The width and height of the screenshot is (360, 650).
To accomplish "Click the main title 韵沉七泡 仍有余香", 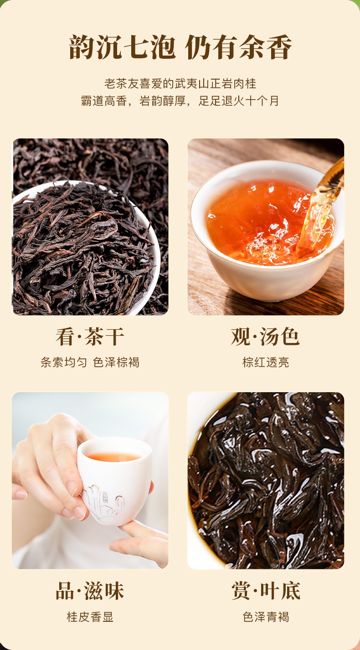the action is pyautogui.click(x=180, y=47).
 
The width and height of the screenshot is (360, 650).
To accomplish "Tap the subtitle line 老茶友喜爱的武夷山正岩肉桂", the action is pyautogui.click(x=180, y=83).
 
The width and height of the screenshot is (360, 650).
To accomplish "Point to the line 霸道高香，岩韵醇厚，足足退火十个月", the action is pyautogui.click(x=180, y=101).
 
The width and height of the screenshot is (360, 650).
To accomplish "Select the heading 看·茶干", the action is pyautogui.click(x=90, y=336).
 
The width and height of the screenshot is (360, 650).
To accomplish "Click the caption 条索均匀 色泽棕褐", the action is pyautogui.click(x=90, y=362).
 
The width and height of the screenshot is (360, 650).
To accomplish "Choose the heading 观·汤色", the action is pyautogui.click(x=265, y=336).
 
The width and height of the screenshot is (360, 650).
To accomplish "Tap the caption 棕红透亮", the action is pyautogui.click(x=266, y=362).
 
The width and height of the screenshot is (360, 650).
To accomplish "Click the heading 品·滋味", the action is pyautogui.click(x=90, y=590).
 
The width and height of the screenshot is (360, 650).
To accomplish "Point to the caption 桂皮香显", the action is pyautogui.click(x=90, y=617).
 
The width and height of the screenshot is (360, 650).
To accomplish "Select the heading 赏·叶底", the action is pyautogui.click(x=266, y=590).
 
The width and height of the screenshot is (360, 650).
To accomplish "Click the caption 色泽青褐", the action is pyautogui.click(x=266, y=617).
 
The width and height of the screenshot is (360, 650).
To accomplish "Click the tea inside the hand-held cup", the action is pyautogui.click(x=113, y=457).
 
